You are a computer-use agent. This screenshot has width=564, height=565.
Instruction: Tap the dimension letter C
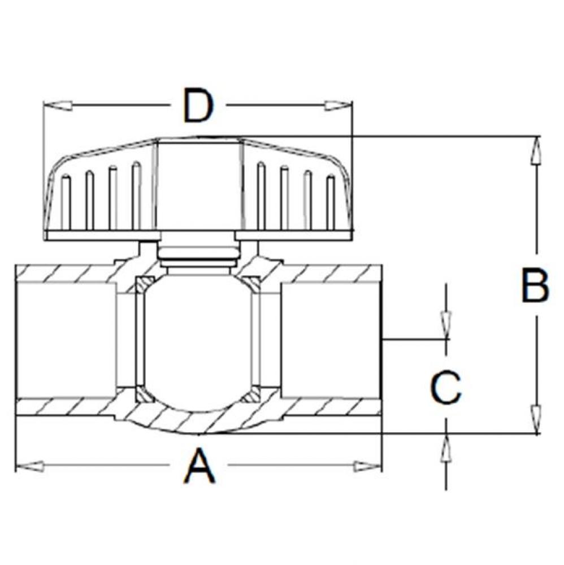446,388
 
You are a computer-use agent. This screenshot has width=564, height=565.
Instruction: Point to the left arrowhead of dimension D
58,105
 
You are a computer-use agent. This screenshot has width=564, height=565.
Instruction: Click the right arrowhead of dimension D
337,105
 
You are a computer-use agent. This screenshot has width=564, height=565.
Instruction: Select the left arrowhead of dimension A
29,466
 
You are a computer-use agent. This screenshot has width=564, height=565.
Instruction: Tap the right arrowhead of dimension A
367,466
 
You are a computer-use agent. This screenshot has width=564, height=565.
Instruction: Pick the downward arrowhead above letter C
446,324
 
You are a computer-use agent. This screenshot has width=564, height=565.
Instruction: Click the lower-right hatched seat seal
250,394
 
